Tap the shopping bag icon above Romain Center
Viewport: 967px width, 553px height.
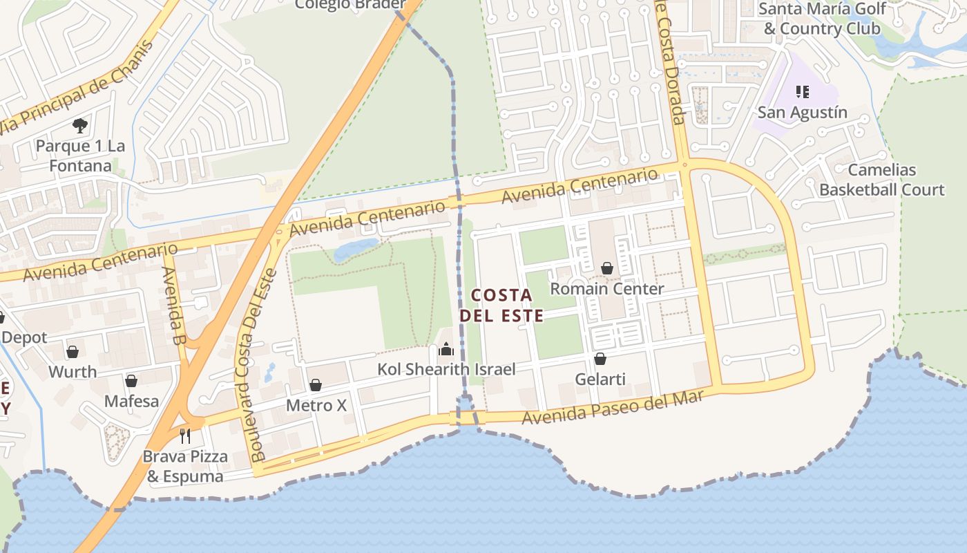pyautogui.click(x=607, y=268)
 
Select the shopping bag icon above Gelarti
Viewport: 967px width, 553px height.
pyautogui.click(x=600, y=359)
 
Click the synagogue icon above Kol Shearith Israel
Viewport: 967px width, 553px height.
pyautogui.click(x=446, y=349)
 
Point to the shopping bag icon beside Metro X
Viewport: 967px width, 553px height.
pyautogui.click(x=316, y=384)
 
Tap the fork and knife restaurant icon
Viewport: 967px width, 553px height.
pyautogui.click(x=184, y=435)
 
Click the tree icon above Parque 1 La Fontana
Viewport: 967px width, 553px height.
pyautogui.click(x=80, y=125)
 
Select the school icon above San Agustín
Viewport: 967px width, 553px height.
pyautogui.click(x=802, y=91)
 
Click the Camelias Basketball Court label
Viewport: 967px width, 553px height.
pyautogui.click(x=881, y=180)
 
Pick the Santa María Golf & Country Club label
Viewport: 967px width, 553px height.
pyautogui.click(x=822, y=19)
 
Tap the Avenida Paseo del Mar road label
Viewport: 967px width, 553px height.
pyautogui.click(x=612, y=407)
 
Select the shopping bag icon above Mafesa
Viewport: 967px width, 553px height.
pyautogui.click(x=131, y=381)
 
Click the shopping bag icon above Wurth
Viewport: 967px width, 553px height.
pyautogui.click(x=73, y=352)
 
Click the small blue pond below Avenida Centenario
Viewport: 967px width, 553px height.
pyautogui.click(x=356, y=250)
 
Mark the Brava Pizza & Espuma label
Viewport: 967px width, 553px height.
pyautogui.click(x=185, y=467)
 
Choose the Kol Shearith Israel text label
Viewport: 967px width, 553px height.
pyautogui.click(x=446, y=370)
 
